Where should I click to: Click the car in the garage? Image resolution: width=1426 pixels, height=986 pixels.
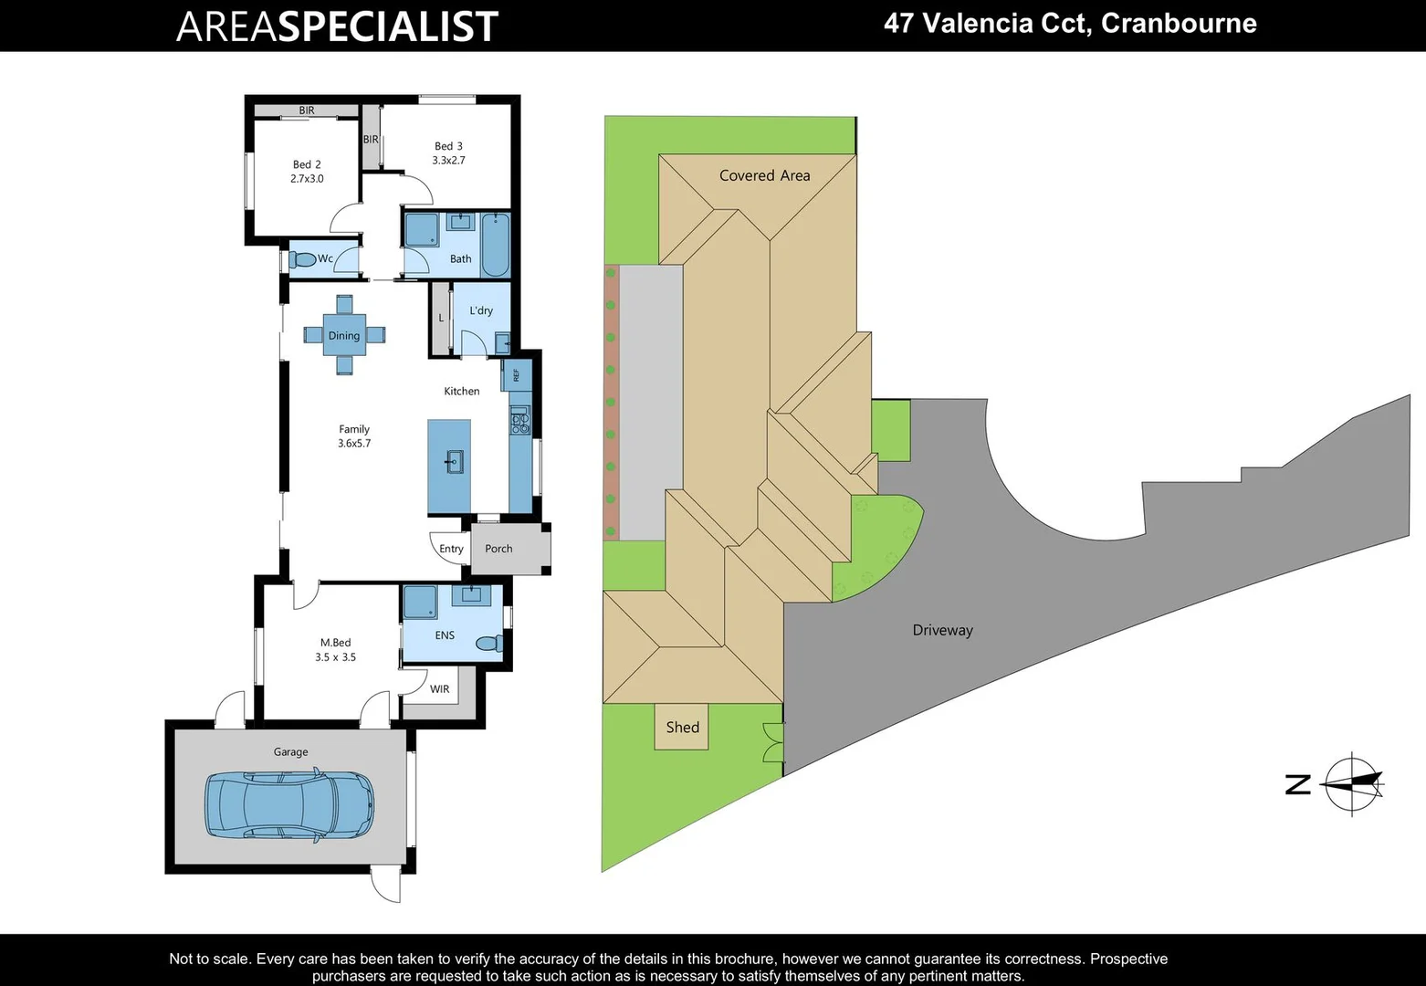tap(289, 803)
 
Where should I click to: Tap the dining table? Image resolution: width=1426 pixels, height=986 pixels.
tap(344, 335)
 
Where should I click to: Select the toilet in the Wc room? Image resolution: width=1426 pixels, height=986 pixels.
tap(303, 259)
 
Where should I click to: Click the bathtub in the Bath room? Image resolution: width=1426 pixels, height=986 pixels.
tap(496, 244)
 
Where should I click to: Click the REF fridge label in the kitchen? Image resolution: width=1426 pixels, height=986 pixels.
tap(516, 374)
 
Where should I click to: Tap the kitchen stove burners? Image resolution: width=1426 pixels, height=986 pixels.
tap(519, 420)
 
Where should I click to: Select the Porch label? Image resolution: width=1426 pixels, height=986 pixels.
tap(498, 549)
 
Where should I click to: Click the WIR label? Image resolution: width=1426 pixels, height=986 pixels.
tap(440, 689)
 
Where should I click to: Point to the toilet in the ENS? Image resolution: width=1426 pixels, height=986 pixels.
tap(490, 644)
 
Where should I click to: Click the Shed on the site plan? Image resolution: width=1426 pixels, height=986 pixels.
tap(682, 727)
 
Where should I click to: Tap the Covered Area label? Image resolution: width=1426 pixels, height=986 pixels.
tap(765, 175)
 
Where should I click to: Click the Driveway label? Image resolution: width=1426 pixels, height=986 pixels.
tap(943, 630)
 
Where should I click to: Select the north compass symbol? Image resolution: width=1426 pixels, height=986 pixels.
tap(1353, 783)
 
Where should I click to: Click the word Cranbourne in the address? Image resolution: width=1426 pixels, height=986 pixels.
tap(1179, 23)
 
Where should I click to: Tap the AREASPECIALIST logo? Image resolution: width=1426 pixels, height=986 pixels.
tap(337, 26)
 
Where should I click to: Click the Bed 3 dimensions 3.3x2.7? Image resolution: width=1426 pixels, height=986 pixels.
tap(448, 160)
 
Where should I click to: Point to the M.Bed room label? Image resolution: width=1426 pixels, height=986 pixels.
tap(335, 643)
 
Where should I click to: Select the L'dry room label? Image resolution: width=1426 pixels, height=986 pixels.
tap(481, 310)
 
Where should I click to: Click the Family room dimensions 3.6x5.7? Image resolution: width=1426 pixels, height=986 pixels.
tap(354, 443)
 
